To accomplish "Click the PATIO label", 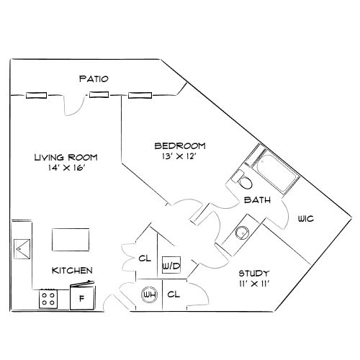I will (x=94, y=78).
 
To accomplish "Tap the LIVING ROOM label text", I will (x=67, y=157).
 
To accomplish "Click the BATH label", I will (x=257, y=200).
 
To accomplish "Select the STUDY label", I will (x=254, y=274).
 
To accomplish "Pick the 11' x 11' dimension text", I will (x=254, y=284).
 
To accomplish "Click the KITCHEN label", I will (x=71, y=271).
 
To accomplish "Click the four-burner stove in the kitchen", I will (x=50, y=298).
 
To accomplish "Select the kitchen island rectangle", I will (x=71, y=239).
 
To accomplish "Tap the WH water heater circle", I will (x=150, y=294).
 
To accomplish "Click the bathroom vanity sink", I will (x=242, y=232).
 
